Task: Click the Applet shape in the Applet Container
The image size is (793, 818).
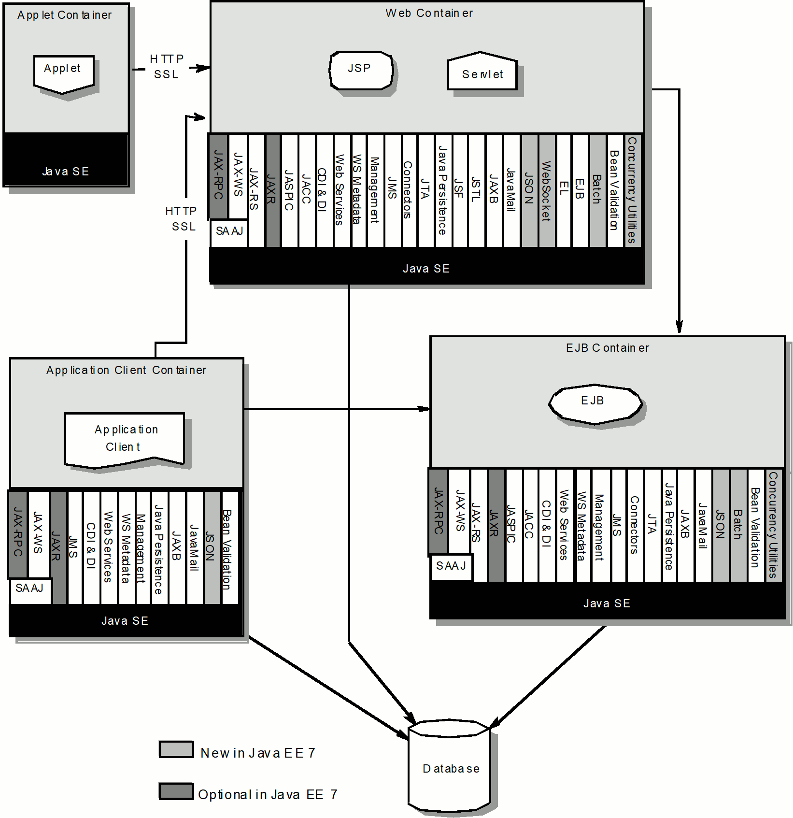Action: [x=64, y=73]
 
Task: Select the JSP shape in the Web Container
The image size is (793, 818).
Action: [x=361, y=71]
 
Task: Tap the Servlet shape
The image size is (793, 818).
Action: [x=482, y=71]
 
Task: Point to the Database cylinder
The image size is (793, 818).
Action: [x=450, y=764]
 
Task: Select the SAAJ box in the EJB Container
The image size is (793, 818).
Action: [x=451, y=567]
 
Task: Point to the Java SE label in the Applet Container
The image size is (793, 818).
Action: [x=66, y=172]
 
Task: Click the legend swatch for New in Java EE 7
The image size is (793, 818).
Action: [x=176, y=749]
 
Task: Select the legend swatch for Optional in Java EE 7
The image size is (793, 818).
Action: [x=176, y=791]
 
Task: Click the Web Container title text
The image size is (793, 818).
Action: [x=429, y=13]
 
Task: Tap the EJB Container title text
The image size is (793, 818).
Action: [x=608, y=348]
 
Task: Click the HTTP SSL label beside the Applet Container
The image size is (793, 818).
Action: [x=167, y=67]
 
